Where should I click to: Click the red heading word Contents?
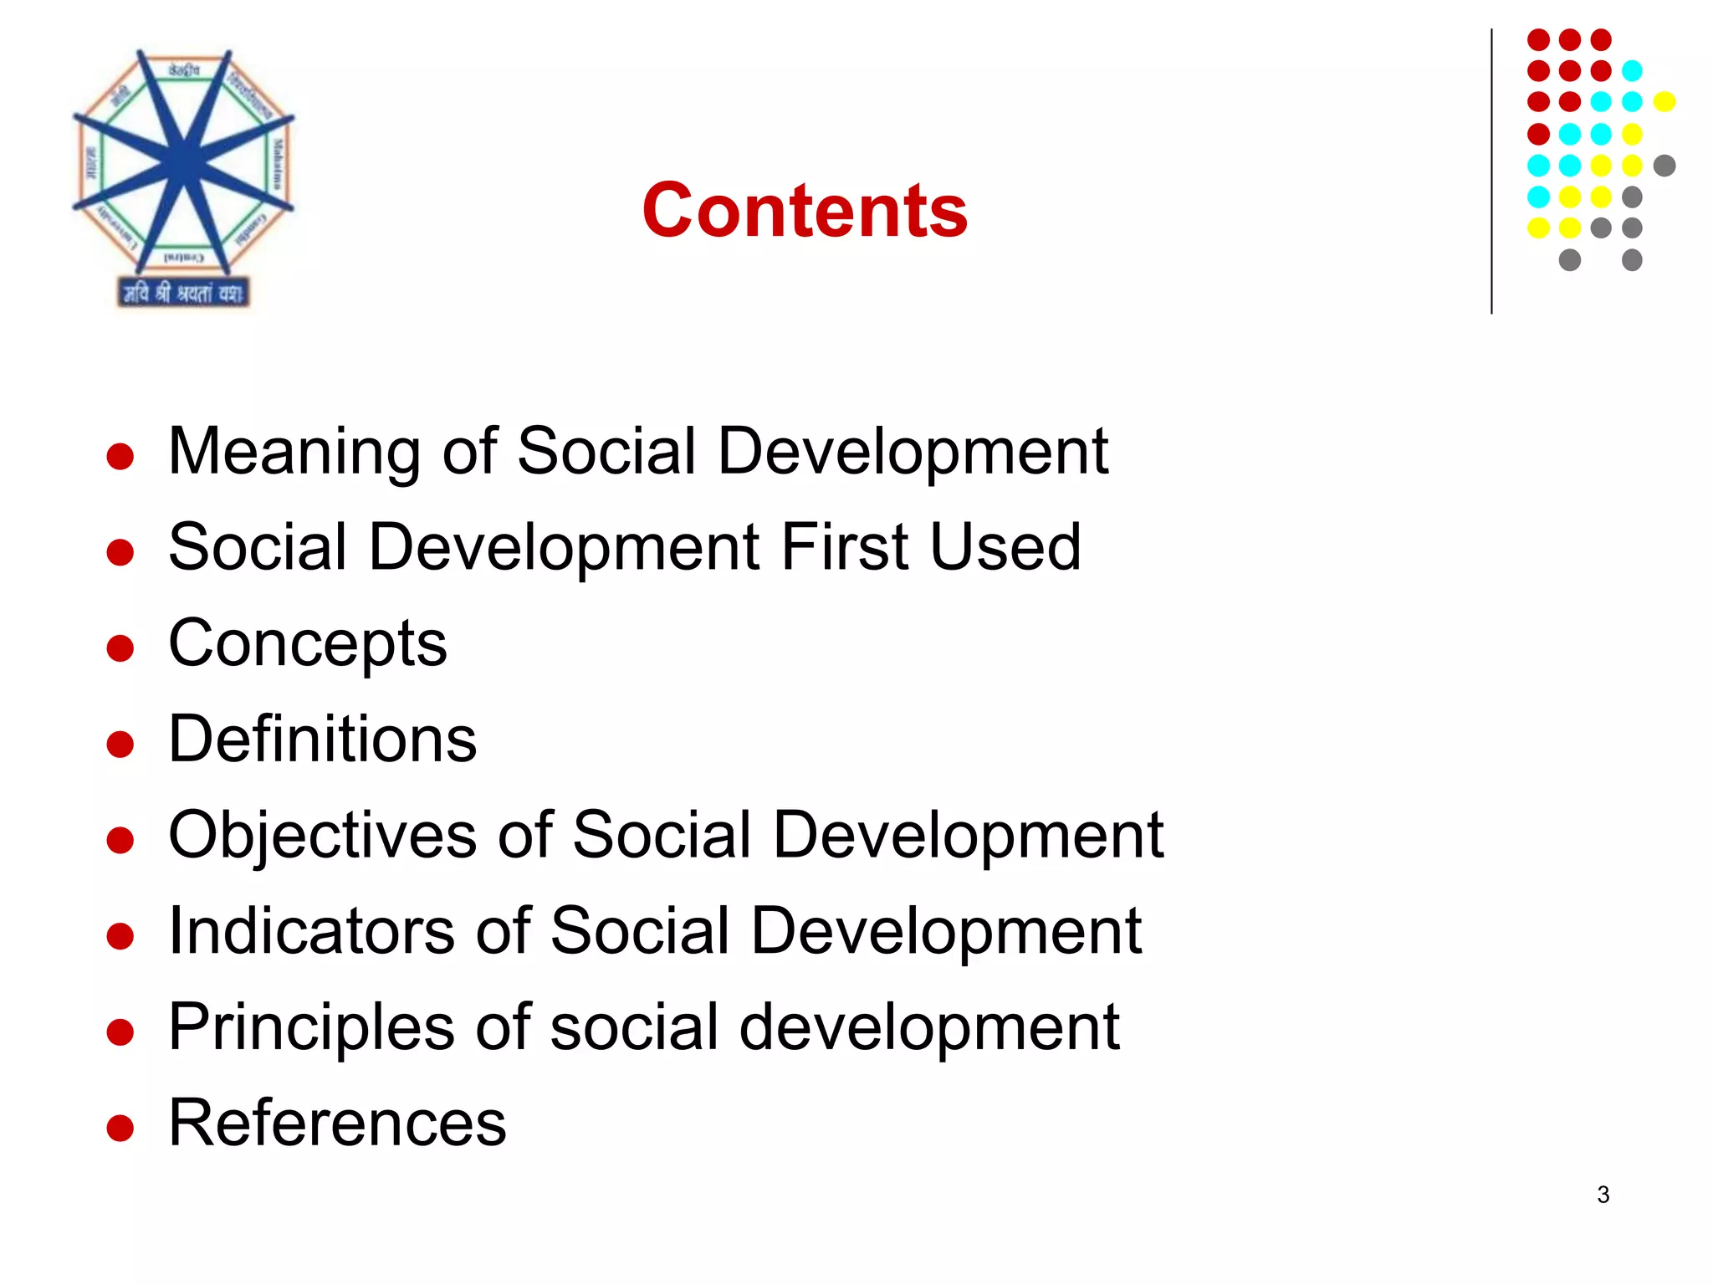click(805, 210)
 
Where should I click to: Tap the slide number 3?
click(1603, 1195)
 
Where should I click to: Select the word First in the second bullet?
click(845, 547)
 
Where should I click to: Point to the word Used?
click(1005, 547)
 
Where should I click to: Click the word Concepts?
click(308, 644)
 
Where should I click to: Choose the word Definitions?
click(323, 740)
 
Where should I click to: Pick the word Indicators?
click(311, 931)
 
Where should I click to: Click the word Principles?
click(311, 1027)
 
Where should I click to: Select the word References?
click(338, 1123)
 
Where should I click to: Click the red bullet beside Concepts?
click(121, 648)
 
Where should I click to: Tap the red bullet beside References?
click(121, 1128)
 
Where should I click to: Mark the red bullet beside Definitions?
click(121, 745)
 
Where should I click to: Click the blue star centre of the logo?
click(184, 161)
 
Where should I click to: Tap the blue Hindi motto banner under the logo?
click(184, 293)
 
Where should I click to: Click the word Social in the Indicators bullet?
click(641, 931)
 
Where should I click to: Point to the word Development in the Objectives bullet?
click(969, 835)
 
